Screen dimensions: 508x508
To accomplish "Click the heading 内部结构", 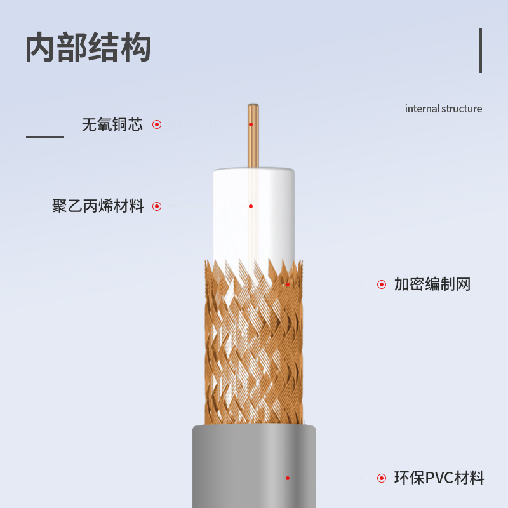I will coord(88,48).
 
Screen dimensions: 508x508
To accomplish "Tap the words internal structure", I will coord(443,109).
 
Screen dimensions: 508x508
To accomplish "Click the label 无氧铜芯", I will coord(112,124).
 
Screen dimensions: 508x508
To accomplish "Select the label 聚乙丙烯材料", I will coord(98,206).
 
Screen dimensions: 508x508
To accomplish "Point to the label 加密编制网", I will coord(432,284).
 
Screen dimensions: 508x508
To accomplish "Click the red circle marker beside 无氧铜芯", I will coord(157,124).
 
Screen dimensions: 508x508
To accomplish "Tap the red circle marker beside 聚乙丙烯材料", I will coord(157,206).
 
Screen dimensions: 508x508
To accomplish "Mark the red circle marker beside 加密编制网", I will coord(382,284).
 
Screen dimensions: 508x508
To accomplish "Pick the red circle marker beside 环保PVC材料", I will coord(382,478).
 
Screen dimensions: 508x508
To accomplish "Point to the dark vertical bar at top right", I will coord(481,50).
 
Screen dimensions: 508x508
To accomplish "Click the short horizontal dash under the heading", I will coord(45,137).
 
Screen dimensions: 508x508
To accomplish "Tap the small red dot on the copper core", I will coord(251,124).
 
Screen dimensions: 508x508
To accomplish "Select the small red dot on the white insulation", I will coord(251,206).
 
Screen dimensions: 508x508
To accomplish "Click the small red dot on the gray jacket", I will coord(288,478).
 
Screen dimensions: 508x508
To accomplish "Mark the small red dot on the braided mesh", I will coord(288,284).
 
